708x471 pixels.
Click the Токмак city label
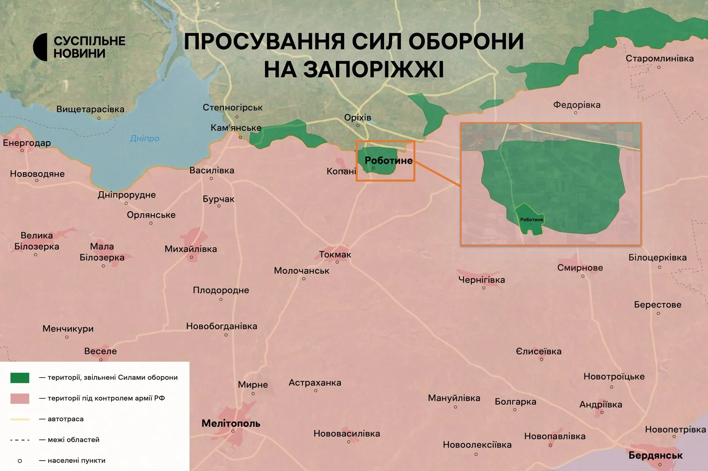click(x=335, y=254)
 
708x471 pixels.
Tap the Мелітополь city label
click(x=231, y=423)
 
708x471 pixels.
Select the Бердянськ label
click(x=655, y=455)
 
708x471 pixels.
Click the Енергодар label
click(x=27, y=143)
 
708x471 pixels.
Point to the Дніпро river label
click(x=144, y=138)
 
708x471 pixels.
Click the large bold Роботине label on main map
click(x=389, y=161)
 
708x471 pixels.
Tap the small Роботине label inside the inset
click(x=531, y=220)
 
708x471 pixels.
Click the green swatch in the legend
click(x=20, y=378)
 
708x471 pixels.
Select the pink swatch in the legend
click(x=20, y=398)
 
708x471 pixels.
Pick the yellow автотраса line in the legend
click(x=20, y=419)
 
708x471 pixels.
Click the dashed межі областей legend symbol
click(x=20, y=440)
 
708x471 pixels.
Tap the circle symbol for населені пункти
click(x=20, y=461)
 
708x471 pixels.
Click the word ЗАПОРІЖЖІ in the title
click(x=354, y=69)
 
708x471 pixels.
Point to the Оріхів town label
click(x=358, y=117)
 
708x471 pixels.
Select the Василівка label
click(x=212, y=171)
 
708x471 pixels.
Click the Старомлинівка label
click(x=660, y=58)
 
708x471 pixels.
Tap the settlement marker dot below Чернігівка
click(x=484, y=288)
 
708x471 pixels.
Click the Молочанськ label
click(x=302, y=271)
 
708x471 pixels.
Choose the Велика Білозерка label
click(x=36, y=241)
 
